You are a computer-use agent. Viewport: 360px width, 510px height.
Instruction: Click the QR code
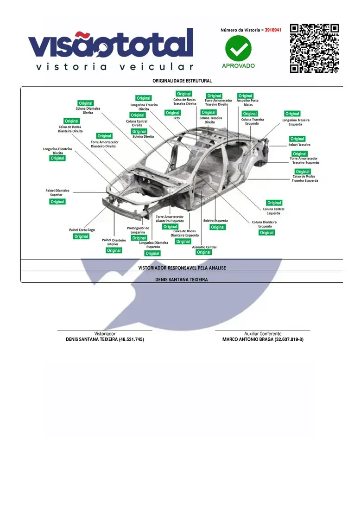click(x=314, y=49)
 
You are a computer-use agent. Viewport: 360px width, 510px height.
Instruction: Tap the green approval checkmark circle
click(x=238, y=49)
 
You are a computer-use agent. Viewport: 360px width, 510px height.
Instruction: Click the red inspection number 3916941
click(x=273, y=30)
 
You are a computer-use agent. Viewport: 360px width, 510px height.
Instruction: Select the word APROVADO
click(x=238, y=66)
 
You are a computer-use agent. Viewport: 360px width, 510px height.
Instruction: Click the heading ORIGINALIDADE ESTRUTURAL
click(x=182, y=81)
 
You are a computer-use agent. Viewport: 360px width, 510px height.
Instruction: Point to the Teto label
click(x=177, y=118)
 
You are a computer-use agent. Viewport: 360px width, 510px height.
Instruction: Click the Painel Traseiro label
click(x=299, y=145)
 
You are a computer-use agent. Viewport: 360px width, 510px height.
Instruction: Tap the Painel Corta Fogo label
click(x=82, y=230)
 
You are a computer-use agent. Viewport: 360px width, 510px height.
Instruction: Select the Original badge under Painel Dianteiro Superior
click(x=57, y=202)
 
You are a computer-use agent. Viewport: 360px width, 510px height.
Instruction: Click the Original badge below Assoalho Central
click(x=204, y=252)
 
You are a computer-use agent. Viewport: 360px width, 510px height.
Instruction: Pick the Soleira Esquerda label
click(x=215, y=221)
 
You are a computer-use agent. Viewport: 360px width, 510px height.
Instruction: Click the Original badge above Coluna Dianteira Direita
click(x=85, y=103)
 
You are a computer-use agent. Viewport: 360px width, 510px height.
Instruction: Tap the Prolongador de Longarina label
click(x=138, y=230)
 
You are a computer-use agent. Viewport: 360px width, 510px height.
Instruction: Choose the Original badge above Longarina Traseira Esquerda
click(x=292, y=114)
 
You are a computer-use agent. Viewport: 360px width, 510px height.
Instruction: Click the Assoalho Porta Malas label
click(x=247, y=102)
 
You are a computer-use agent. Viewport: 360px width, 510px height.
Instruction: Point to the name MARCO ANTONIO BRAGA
click(x=248, y=339)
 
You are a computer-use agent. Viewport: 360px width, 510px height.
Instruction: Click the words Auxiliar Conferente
click(x=263, y=334)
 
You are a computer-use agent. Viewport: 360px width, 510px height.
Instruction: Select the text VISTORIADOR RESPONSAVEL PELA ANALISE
click(x=182, y=268)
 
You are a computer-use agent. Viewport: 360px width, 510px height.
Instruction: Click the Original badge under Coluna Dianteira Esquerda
click(x=267, y=233)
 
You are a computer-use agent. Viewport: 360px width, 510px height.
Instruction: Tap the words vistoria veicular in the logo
click(x=115, y=67)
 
